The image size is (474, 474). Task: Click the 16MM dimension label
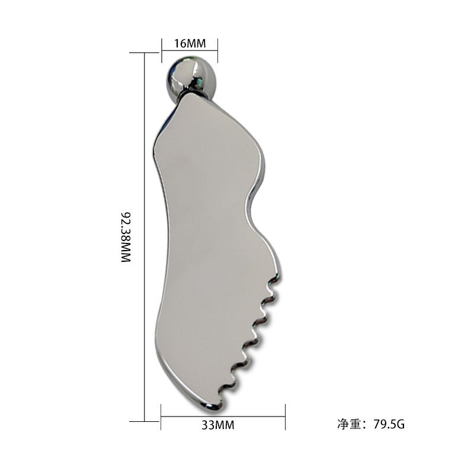click(x=190, y=44)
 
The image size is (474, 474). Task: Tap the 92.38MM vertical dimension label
click(x=125, y=236)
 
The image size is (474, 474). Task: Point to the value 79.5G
click(x=389, y=424)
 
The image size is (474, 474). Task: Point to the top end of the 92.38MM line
click(x=145, y=53)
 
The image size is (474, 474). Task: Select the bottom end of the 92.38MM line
click(x=145, y=421)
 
